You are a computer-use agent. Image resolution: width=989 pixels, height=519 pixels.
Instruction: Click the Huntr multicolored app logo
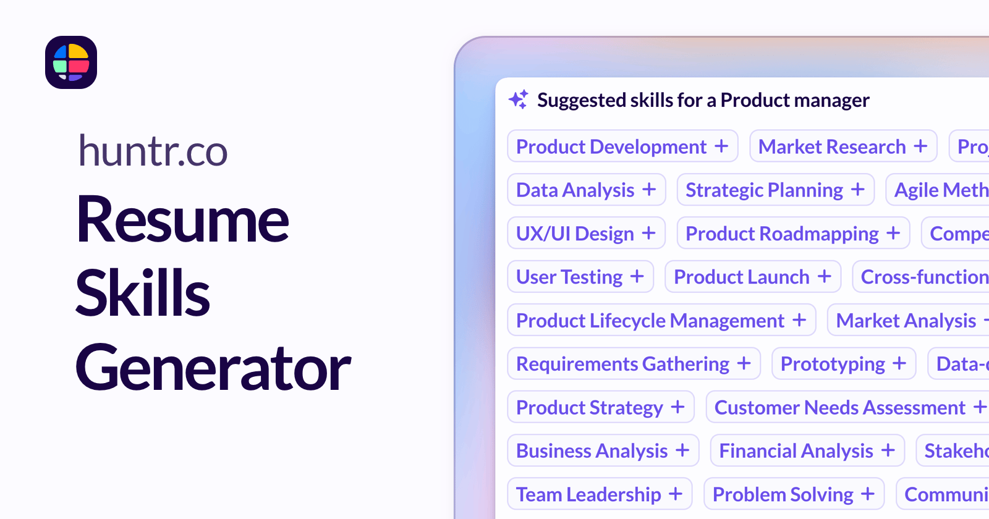coord(71,62)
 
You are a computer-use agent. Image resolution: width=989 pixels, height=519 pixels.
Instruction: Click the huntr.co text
coord(153,151)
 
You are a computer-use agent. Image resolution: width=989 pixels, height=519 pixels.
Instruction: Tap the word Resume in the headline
coord(182,220)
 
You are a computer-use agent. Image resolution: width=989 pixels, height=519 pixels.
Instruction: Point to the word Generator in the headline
coord(213,368)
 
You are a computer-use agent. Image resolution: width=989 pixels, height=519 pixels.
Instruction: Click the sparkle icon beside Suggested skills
coord(519,99)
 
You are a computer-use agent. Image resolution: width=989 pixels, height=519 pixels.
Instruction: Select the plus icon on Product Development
coord(721,146)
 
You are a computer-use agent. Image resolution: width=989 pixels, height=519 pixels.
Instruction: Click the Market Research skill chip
coord(843,146)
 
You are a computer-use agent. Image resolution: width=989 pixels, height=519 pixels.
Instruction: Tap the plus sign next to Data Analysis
coord(648,190)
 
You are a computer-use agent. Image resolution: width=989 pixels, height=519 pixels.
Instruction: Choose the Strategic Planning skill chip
coord(775,190)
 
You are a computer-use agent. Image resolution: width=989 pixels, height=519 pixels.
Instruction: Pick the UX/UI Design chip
coord(585,234)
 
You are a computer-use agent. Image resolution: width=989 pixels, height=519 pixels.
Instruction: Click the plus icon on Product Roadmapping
coord(893,234)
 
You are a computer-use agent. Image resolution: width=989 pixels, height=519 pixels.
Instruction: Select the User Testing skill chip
coord(580,277)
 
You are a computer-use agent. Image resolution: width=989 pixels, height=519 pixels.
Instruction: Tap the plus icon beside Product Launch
coord(824,277)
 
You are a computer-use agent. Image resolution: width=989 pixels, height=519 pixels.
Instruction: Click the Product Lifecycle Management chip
coord(661,320)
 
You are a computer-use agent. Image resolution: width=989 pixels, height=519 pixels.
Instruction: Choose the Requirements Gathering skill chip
coord(633,364)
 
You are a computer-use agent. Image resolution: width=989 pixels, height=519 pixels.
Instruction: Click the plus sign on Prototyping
coord(899,364)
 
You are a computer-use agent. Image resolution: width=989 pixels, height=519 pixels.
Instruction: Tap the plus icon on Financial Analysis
coord(888,450)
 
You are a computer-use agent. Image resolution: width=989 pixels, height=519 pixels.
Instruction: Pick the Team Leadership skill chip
coord(599,494)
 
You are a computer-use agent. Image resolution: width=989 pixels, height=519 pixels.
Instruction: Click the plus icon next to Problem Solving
coord(868,494)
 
